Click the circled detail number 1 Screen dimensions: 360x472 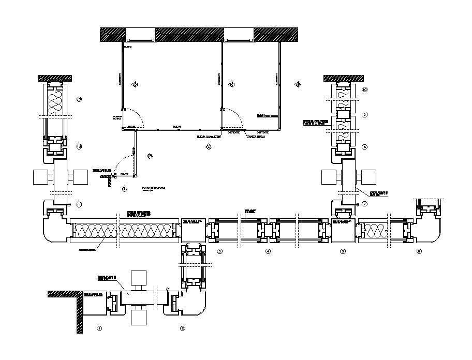click(100, 328)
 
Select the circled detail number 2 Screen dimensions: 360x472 click(183, 328)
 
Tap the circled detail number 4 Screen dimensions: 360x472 click(268, 252)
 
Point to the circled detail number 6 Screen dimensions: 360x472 click(419, 252)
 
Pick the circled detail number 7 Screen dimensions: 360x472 click(364, 204)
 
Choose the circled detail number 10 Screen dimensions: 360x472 click(364, 89)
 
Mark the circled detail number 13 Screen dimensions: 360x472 click(79, 99)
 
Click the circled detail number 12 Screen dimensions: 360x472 click(79, 147)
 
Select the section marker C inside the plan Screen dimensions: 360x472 click(232, 84)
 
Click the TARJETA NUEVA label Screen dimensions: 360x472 click(257, 137)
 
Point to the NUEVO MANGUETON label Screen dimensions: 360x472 click(206, 137)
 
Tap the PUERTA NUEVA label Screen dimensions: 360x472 click(117, 118)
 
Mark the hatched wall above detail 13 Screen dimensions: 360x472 click(55, 78)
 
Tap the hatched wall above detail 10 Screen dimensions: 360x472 click(340, 78)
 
